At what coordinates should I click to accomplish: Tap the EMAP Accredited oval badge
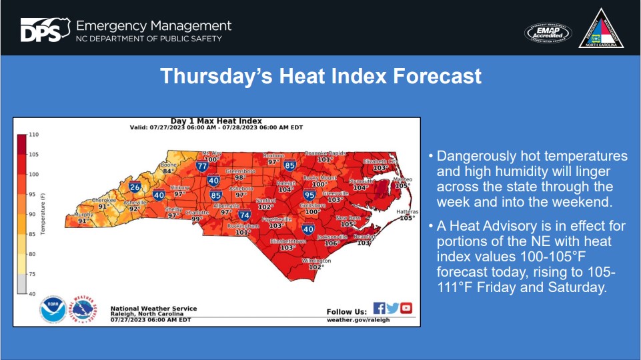548,32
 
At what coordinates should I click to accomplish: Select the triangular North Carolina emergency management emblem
600,29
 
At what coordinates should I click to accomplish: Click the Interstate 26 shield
135,188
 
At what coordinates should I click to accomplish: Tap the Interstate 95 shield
309,195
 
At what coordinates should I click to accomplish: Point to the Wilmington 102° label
315,263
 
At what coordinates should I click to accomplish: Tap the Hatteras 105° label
407,214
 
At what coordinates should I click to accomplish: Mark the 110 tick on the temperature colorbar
33,135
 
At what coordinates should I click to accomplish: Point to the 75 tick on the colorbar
33,273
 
